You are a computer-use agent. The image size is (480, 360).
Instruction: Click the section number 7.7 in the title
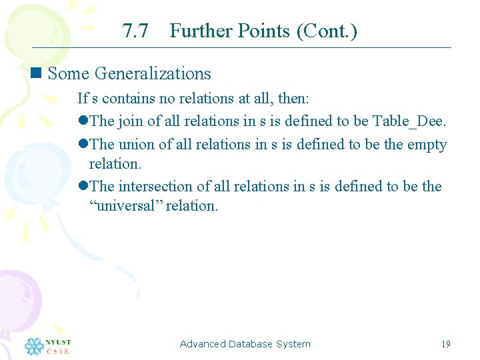135,31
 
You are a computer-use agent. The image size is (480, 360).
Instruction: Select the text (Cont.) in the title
328,31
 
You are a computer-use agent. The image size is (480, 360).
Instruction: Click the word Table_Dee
409,121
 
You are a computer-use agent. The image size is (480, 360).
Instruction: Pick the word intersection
155,186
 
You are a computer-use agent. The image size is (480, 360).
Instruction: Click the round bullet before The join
83,121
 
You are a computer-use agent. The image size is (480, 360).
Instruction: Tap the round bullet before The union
83,144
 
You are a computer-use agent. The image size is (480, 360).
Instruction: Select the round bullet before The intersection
83,186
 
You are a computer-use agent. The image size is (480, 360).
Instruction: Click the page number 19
446,344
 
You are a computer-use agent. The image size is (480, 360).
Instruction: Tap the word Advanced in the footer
203,344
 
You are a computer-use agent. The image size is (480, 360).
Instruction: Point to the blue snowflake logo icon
34,346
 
